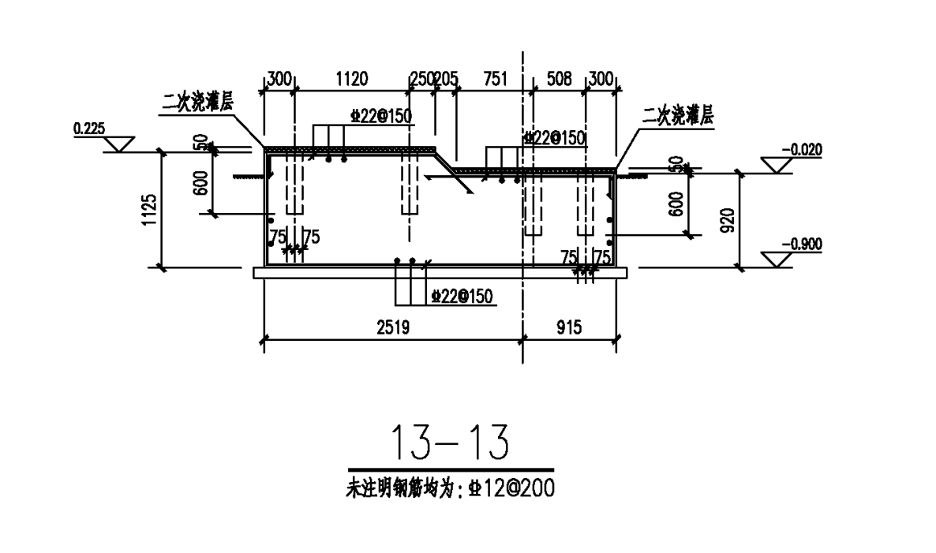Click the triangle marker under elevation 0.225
point(121,144)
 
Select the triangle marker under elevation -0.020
point(777,165)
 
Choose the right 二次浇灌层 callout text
point(678,118)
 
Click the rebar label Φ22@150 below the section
point(462,297)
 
